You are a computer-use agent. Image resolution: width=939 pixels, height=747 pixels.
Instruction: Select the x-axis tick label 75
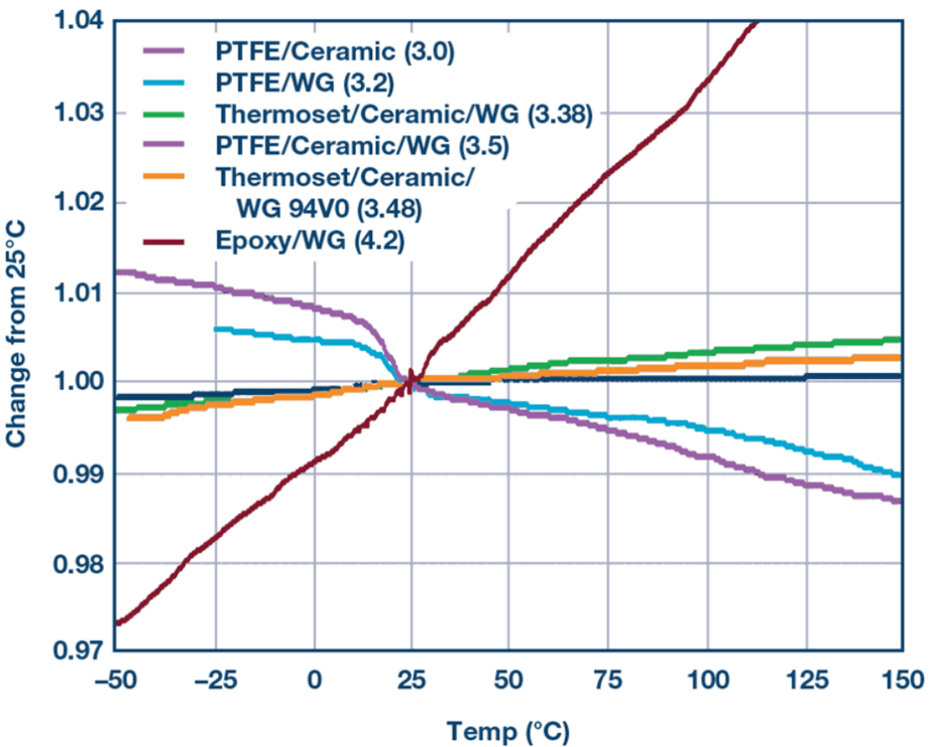pos(608,681)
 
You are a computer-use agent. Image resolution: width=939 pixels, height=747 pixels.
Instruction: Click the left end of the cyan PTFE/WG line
pos(216,329)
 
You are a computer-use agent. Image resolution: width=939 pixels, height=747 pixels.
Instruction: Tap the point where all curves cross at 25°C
pos(411,382)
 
